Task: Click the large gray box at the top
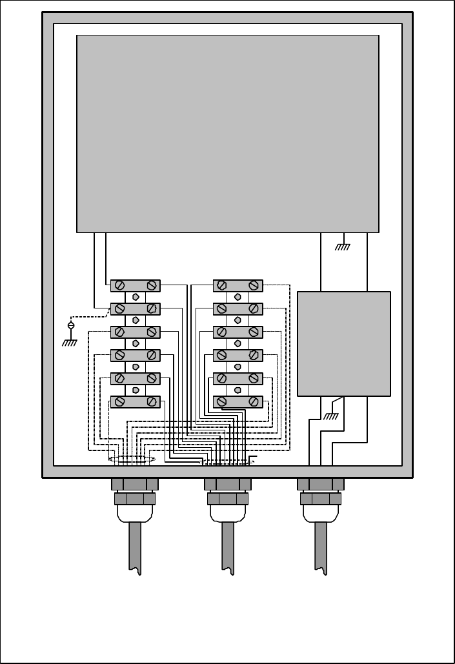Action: pos(227,133)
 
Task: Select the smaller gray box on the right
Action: pos(343,343)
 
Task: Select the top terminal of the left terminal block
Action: pos(136,285)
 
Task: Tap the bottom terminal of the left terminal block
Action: pos(136,401)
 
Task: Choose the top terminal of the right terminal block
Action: pos(238,285)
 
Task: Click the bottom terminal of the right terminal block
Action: pos(238,401)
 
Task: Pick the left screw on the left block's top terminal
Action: pos(119,285)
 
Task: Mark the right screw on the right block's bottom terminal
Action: pos(254,401)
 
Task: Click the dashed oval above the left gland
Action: pos(132,460)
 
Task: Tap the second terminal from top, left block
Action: pos(136,308)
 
